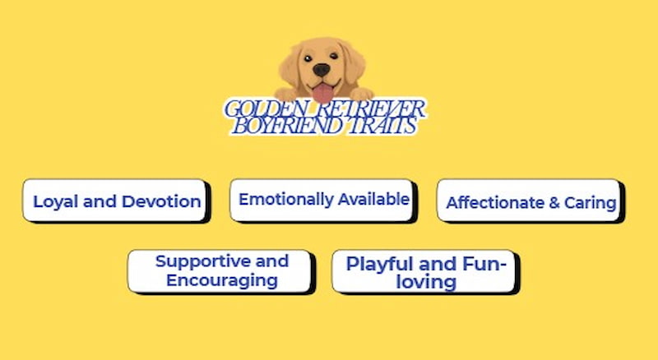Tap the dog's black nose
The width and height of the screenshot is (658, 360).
click(x=321, y=71)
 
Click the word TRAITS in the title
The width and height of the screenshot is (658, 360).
click(x=382, y=127)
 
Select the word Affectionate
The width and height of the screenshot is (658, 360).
click(x=494, y=203)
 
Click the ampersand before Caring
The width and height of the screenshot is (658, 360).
click(x=554, y=203)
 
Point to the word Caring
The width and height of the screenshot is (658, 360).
click(x=590, y=203)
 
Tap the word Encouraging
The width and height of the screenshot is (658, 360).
click(x=221, y=280)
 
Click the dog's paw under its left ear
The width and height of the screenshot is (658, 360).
click(x=285, y=94)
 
